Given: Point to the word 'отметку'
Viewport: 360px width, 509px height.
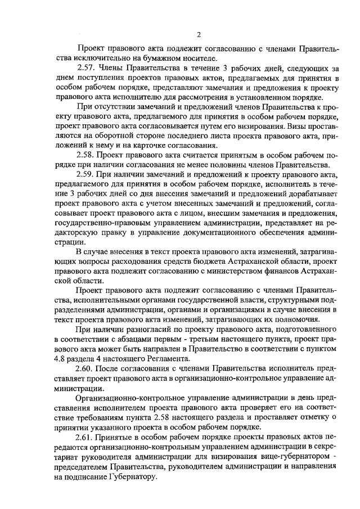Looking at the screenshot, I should tap(310, 417).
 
